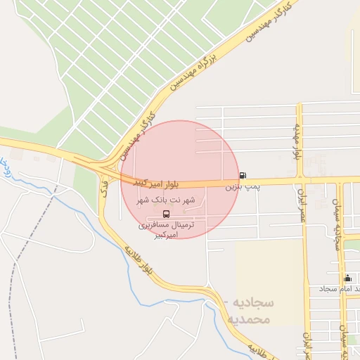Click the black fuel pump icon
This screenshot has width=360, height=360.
[243, 175]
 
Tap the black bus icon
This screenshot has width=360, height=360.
[166, 214]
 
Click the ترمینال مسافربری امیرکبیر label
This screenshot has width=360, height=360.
[165, 230]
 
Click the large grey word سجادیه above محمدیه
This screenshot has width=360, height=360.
[252, 303]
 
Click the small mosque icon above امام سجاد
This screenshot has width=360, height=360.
[347, 278]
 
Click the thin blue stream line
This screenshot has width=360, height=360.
[77, 204]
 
